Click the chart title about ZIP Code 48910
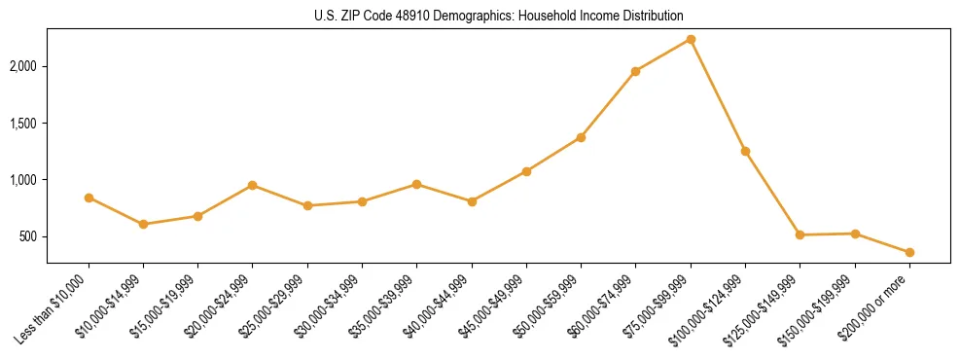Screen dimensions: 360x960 pyautogui.click(x=499, y=16)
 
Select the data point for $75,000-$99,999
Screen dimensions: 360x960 pyautogui.click(x=691, y=39)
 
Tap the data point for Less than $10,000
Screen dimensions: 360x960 pyautogui.click(x=89, y=198)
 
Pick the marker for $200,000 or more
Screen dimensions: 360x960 pyautogui.click(x=909, y=252)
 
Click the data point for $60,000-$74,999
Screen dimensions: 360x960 pyautogui.click(x=635, y=71)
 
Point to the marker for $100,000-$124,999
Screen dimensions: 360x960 pyautogui.click(x=745, y=151)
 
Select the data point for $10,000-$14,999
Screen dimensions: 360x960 pyautogui.click(x=143, y=224)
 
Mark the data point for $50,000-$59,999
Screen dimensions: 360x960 pyautogui.click(x=581, y=137)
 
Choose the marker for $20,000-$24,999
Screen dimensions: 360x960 pyautogui.click(x=252, y=185)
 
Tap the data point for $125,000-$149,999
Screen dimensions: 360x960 pyautogui.click(x=800, y=234)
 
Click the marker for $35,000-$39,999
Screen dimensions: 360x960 pyautogui.click(x=416, y=184)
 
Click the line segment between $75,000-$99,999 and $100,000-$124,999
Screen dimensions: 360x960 pyautogui.click(x=718, y=95)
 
